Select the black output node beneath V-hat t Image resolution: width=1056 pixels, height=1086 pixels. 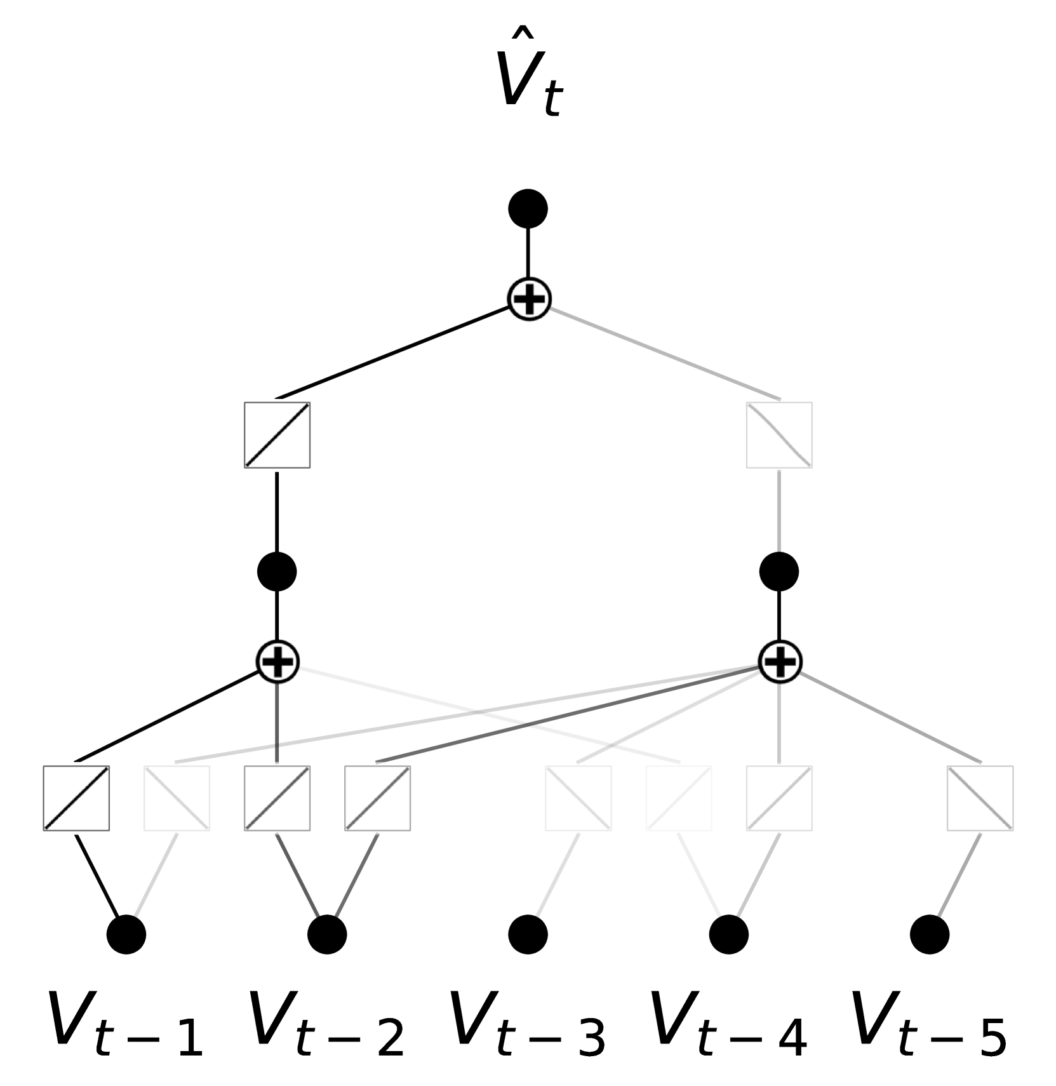tap(528, 208)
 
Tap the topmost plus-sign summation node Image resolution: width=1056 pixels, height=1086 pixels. tap(529, 299)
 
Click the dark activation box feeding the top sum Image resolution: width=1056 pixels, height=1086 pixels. tap(277, 435)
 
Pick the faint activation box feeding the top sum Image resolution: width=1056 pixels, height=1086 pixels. tap(779, 435)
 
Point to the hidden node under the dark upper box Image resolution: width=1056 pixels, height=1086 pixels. tap(277, 571)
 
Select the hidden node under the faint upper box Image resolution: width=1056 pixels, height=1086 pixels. tap(779, 571)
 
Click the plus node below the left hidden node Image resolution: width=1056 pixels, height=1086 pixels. tap(277, 662)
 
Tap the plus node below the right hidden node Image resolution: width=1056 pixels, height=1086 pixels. tap(780, 662)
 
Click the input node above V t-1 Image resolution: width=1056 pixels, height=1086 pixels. tap(126, 934)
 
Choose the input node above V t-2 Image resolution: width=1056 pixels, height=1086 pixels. tap(327, 934)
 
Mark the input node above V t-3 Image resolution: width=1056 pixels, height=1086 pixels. tap(528, 934)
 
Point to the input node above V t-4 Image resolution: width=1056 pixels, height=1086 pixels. tap(728, 934)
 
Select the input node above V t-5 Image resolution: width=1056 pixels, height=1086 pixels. tap(929, 934)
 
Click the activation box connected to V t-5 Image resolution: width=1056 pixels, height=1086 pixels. tap(980, 798)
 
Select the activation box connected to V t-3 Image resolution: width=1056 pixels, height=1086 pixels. tap(578, 798)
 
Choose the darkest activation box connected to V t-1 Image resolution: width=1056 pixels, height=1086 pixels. tap(76, 798)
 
